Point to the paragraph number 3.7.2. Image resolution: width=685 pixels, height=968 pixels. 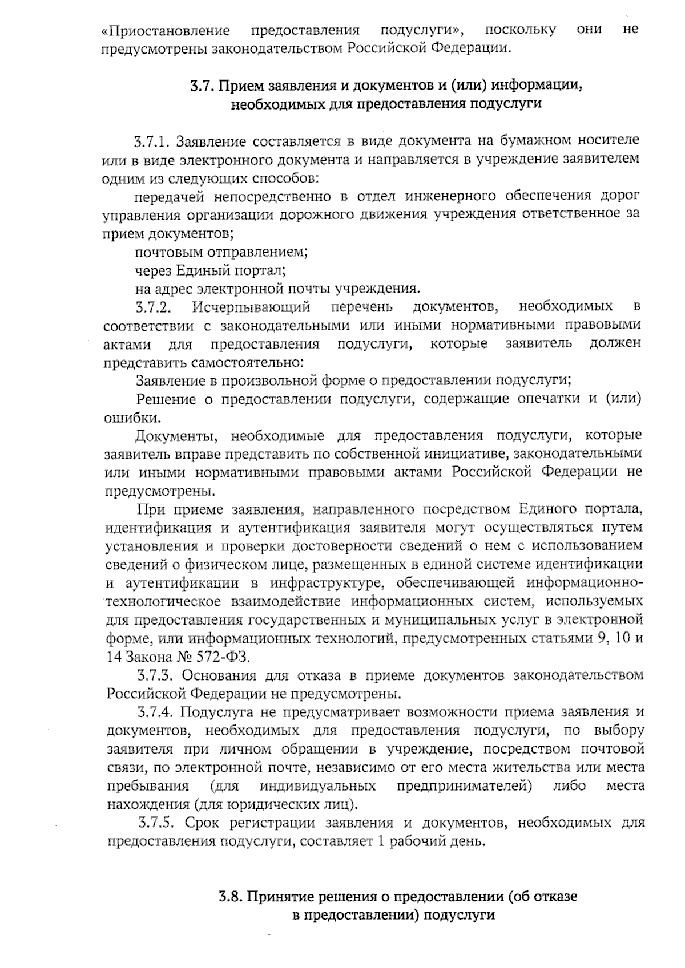tap(154, 307)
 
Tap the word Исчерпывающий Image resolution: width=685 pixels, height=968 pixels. tap(251, 307)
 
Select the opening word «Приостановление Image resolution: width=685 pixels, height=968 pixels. tap(166, 30)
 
